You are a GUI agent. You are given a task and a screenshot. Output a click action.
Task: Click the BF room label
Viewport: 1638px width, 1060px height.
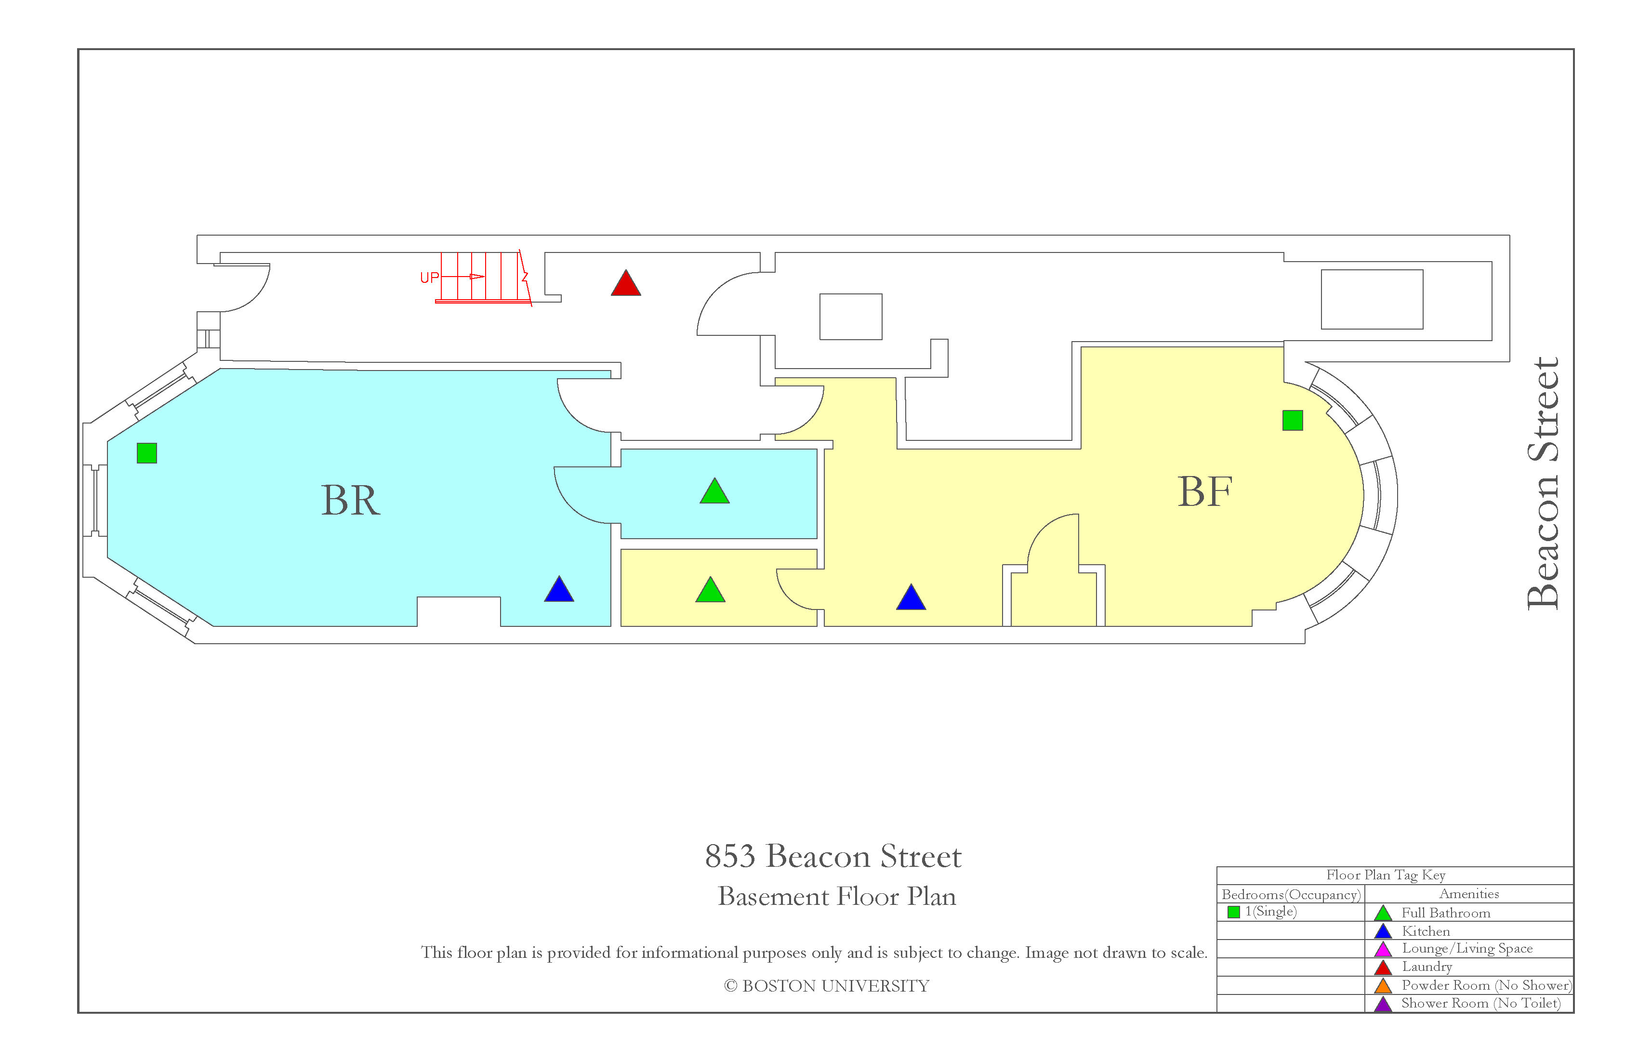1204,491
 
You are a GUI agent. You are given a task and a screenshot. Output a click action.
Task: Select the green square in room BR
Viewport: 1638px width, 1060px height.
146,453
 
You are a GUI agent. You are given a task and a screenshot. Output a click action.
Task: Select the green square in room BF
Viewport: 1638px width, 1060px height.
1293,421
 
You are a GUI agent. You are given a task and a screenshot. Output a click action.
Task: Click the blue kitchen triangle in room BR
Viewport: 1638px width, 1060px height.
559,590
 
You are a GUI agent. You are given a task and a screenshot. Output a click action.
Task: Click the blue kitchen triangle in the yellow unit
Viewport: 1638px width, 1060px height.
911,597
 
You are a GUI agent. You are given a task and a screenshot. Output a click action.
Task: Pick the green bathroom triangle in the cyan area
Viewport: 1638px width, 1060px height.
714,491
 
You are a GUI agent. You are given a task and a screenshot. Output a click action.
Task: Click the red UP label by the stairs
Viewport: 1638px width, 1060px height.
429,278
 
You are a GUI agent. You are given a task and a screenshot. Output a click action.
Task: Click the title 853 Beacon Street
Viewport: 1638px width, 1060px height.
833,856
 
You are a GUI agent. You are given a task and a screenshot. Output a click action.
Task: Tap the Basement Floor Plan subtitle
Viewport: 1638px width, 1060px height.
837,896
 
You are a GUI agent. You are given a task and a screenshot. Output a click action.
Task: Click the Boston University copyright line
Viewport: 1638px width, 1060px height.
827,986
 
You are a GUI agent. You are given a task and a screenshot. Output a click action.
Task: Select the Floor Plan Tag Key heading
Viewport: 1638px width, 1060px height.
1386,875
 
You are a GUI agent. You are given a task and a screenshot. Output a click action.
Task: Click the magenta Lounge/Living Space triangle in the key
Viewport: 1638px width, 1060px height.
1383,949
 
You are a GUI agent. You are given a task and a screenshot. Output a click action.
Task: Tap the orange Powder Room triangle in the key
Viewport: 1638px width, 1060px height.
1383,986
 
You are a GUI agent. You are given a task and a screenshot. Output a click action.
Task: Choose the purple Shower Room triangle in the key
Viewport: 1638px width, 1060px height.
1383,1004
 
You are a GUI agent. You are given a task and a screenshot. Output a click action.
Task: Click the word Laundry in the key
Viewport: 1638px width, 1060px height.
1427,967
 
